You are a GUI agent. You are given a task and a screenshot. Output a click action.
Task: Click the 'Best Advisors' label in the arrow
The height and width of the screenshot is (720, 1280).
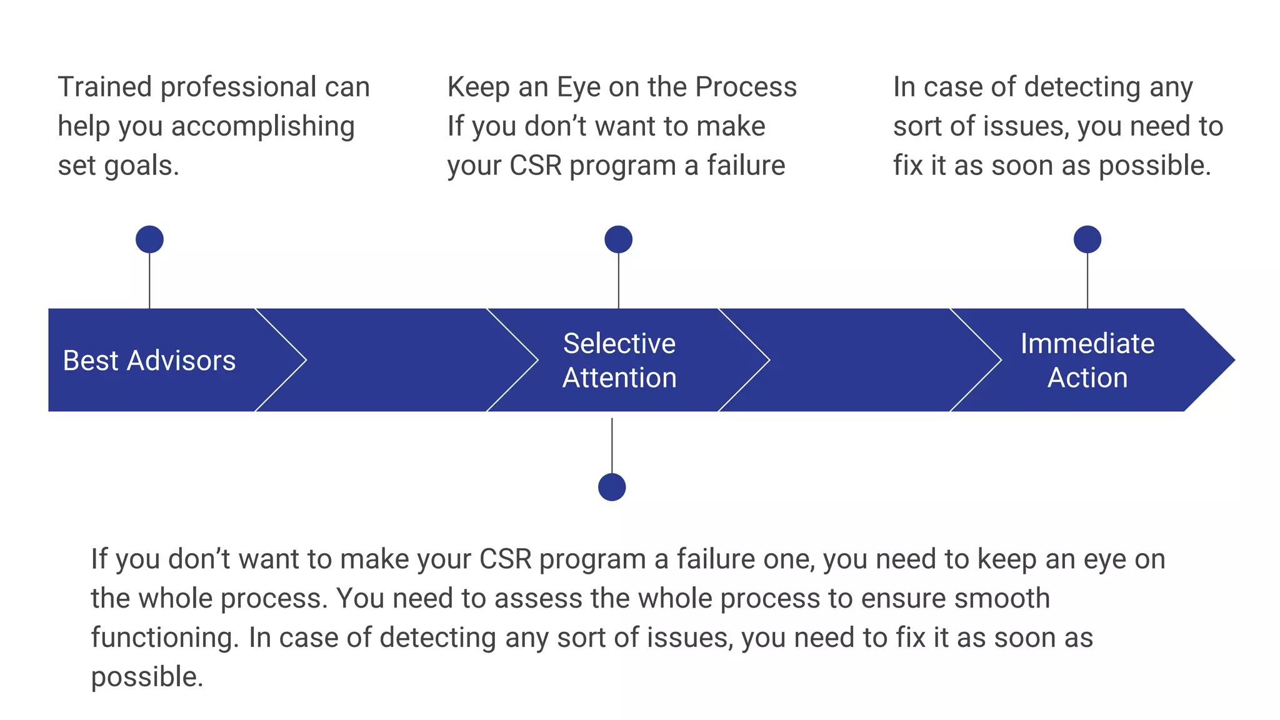pos(149,361)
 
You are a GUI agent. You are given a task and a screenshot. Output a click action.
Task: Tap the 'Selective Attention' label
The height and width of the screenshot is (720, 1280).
pos(619,361)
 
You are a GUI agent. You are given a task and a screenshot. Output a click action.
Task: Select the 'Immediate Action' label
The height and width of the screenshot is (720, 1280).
pos(1087,361)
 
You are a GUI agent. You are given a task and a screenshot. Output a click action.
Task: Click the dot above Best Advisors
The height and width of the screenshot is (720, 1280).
pos(149,239)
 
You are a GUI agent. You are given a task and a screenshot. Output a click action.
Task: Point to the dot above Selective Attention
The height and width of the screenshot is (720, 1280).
pos(618,239)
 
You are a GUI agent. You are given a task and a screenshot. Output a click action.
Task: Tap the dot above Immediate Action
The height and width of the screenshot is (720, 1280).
pos(1087,239)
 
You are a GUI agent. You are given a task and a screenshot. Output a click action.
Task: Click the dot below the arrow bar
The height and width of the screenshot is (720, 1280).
pos(611,487)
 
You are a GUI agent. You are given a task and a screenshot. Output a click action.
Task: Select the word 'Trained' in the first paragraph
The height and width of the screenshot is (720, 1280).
pos(104,87)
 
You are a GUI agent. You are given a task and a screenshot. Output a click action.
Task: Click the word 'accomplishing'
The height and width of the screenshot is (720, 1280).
pos(262,127)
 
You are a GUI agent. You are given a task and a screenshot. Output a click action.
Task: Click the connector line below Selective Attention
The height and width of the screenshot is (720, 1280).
pos(611,446)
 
